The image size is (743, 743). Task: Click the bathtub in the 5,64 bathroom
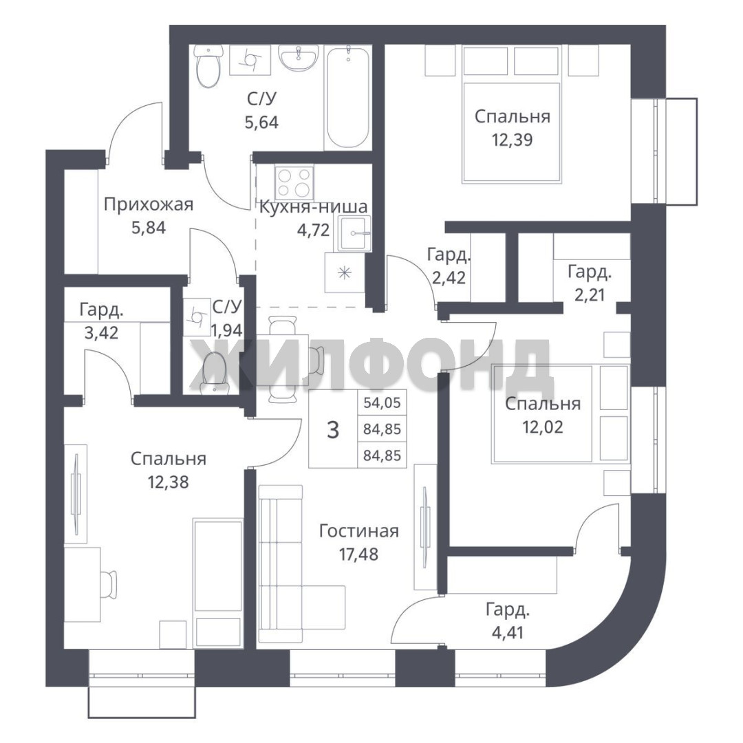[x=348, y=98]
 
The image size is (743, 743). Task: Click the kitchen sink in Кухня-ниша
[x=355, y=233]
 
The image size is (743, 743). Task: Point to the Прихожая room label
[x=149, y=205]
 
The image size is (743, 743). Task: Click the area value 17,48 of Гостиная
[x=358, y=553]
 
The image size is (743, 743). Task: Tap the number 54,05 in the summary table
[x=382, y=402]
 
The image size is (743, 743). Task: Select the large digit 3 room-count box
[x=333, y=430]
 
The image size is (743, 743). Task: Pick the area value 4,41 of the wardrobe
[x=508, y=633]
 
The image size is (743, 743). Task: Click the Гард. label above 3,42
[x=101, y=310]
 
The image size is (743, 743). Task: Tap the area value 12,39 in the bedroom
[x=513, y=140]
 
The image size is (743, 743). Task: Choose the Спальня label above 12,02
[x=543, y=404]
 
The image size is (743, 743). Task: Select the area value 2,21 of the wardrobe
[x=590, y=295]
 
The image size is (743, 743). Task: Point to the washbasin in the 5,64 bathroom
[x=299, y=58]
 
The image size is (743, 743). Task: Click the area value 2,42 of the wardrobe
[x=449, y=277]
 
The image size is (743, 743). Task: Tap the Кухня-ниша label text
[x=313, y=207]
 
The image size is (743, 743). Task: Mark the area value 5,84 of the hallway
[x=149, y=228]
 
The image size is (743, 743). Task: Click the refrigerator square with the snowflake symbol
[x=345, y=272]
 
